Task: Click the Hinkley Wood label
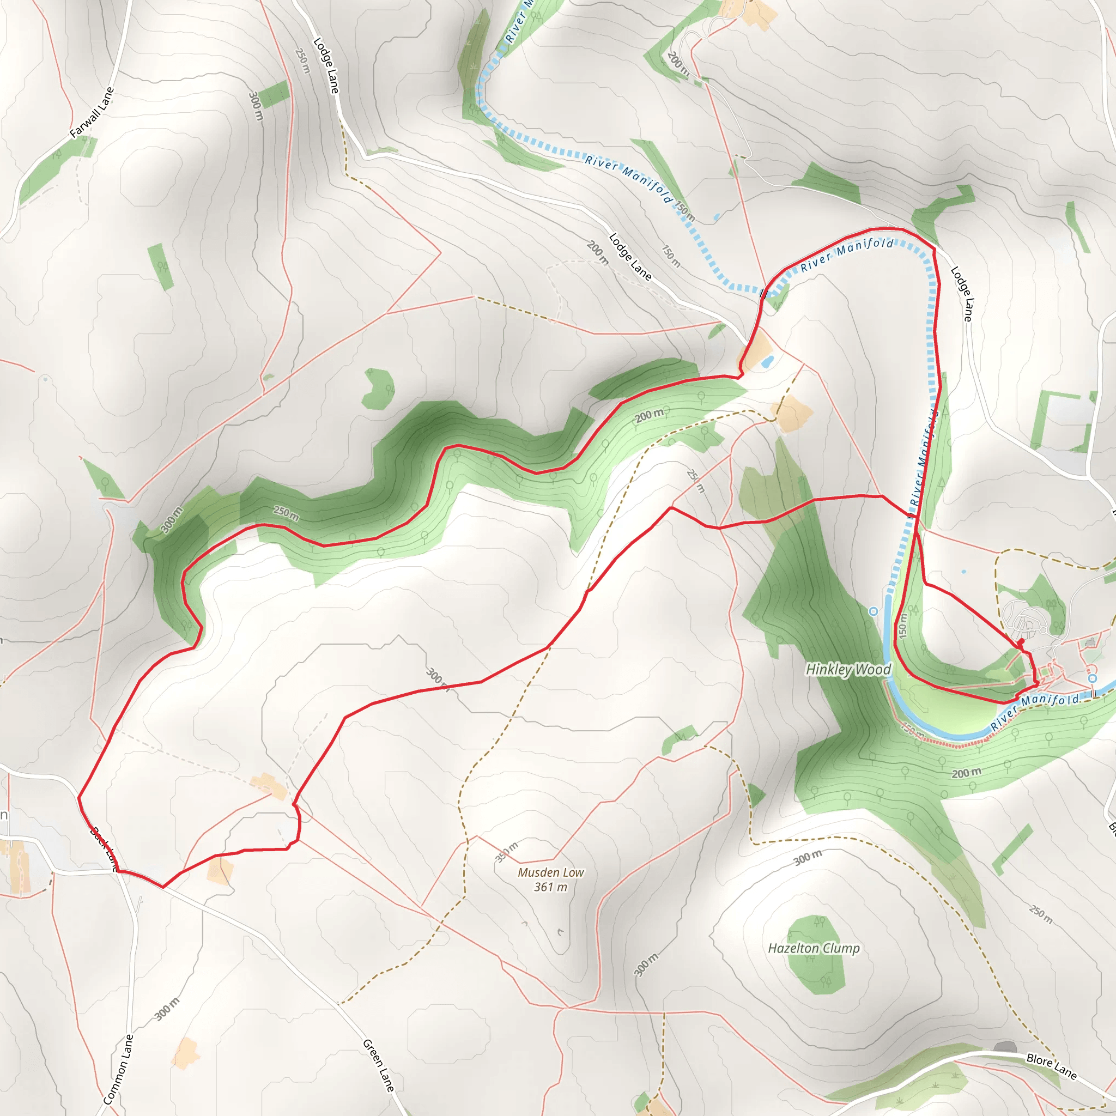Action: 848,670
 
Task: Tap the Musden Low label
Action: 550,872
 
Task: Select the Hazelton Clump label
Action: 814,948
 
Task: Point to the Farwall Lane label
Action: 92,113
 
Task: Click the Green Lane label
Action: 378,1066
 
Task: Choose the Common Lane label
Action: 118,1069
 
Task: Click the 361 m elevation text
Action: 550,887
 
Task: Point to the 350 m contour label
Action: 507,852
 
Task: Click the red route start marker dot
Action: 1021,642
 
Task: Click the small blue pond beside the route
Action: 767,362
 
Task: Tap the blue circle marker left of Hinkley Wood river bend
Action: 874,611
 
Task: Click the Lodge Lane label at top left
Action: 326,65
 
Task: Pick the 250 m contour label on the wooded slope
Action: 286,513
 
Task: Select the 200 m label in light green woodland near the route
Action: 649,415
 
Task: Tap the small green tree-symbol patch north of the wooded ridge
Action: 379,389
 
